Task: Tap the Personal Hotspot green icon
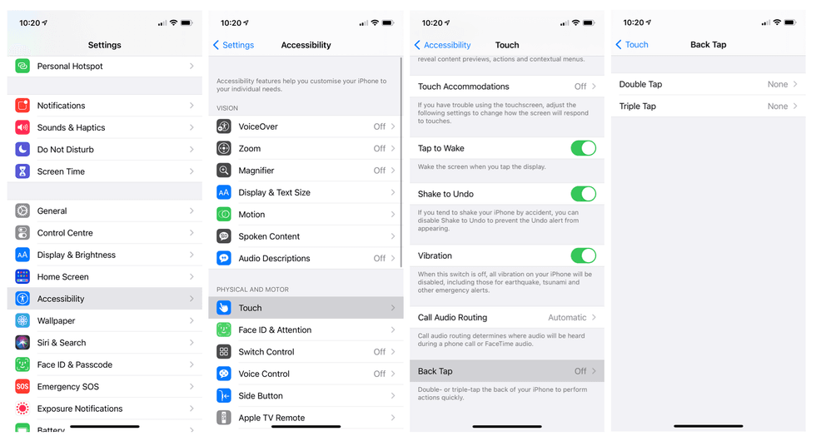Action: (22, 67)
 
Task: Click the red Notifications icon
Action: (22, 106)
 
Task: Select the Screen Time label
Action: (61, 171)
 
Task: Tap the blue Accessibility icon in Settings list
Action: (22, 299)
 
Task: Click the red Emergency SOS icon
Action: (22, 387)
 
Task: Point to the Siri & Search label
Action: (62, 343)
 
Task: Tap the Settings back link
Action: (234, 45)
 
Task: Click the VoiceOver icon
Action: (224, 126)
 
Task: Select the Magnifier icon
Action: (224, 171)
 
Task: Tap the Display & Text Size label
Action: (274, 192)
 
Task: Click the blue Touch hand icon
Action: (224, 308)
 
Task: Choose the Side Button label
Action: (261, 396)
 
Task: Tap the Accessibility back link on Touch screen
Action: (442, 45)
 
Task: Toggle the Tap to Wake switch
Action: (583, 148)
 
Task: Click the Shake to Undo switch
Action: (583, 194)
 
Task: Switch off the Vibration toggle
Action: (583, 255)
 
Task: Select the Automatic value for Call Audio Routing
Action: (567, 318)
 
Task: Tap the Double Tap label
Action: (640, 84)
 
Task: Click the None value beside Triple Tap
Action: (778, 107)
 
